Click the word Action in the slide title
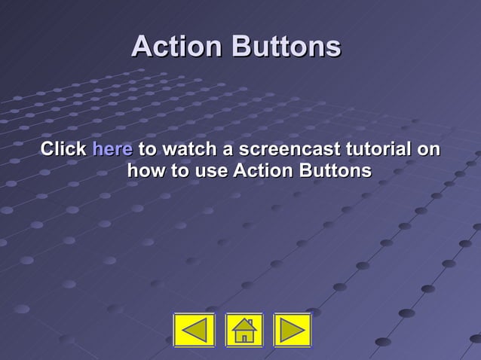pyautogui.click(x=177, y=47)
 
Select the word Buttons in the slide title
pyautogui.click(x=286, y=47)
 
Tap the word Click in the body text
pyautogui.click(x=63, y=148)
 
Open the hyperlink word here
pyautogui.click(x=112, y=148)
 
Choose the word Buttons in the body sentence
pyautogui.click(x=335, y=171)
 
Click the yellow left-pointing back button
pyautogui.click(x=195, y=330)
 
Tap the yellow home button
pyautogui.click(x=244, y=330)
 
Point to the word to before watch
pyautogui.click(x=147, y=148)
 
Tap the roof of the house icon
pyautogui.click(x=244, y=324)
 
